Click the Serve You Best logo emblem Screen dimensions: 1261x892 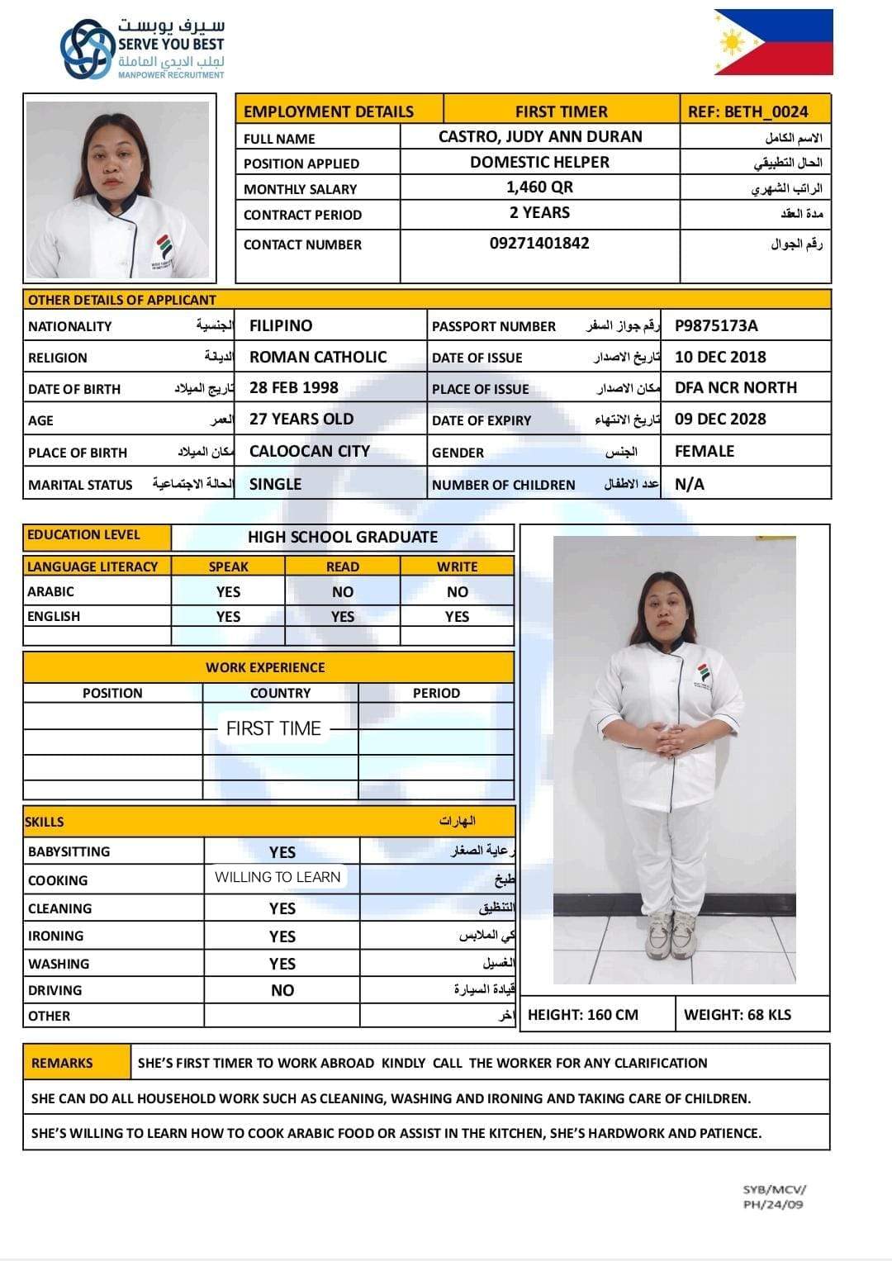(88, 50)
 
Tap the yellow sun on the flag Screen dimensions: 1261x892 (732, 41)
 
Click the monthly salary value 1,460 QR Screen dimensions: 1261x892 (539, 187)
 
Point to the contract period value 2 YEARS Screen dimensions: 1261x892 (539, 213)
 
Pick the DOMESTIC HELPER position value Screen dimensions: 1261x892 (539, 163)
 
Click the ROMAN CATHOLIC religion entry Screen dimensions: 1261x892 (318, 357)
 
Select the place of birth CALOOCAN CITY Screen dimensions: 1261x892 (310, 451)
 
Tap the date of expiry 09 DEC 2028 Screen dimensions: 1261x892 (720, 419)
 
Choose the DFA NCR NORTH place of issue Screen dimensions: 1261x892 (736, 387)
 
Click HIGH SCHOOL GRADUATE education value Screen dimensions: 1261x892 (343, 537)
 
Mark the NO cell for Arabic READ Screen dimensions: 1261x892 (343, 592)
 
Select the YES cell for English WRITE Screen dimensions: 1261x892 (457, 617)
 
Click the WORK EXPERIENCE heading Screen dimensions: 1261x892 (265, 667)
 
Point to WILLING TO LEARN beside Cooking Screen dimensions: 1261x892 (278, 877)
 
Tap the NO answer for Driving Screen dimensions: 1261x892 (282, 990)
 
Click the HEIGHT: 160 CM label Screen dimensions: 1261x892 (583, 1015)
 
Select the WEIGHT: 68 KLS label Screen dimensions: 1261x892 (738, 1015)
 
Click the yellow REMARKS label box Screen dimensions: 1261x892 (63, 1063)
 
